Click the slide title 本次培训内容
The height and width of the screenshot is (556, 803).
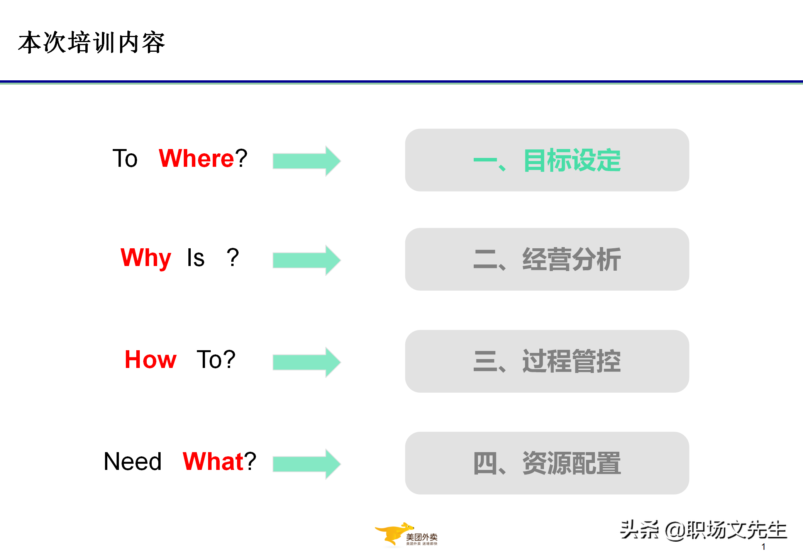click(91, 42)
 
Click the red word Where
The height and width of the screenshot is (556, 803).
click(196, 158)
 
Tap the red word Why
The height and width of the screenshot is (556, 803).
click(146, 258)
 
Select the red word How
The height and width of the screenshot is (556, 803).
click(151, 359)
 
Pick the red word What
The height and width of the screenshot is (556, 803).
click(213, 461)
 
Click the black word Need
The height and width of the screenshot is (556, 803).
click(133, 461)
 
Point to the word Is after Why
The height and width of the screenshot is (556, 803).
click(196, 258)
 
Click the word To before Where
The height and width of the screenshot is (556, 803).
click(125, 158)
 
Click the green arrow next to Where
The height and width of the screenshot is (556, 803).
click(306, 161)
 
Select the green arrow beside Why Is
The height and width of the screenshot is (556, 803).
click(306, 260)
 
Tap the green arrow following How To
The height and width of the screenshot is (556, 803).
click(306, 362)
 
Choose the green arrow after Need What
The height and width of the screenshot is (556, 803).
click(306, 464)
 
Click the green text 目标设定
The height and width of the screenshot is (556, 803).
click(572, 160)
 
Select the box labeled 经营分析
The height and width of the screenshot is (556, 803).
click(547, 259)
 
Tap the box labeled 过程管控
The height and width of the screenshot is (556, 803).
click(547, 361)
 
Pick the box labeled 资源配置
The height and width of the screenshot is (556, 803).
click(547, 463)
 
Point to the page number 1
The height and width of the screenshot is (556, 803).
click(763, 547)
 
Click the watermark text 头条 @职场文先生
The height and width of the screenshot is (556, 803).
click(703, 530)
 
